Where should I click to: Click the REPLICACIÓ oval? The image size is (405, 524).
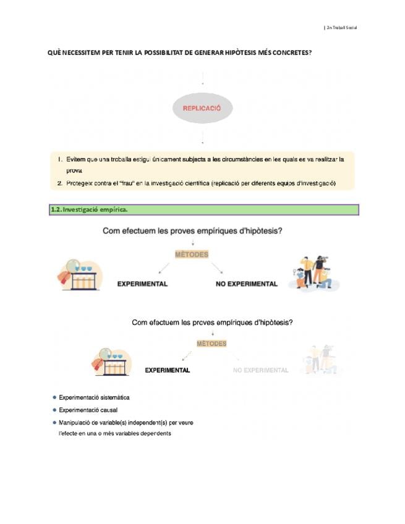tap(202, 108)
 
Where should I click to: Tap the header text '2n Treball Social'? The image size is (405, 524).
tap(342, 28)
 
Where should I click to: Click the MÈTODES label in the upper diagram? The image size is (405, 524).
tap(192, 255)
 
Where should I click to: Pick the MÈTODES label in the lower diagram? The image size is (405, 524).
tap(211, 344)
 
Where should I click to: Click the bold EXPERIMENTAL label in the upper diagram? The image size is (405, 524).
tap(142, 284)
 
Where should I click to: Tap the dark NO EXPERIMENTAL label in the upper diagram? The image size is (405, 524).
tap(246, 284)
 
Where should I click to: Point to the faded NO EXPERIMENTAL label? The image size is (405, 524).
tap(260, 370)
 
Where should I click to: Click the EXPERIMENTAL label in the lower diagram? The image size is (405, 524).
tap(167, 370)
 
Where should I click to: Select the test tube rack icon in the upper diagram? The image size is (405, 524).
tap(80, 276)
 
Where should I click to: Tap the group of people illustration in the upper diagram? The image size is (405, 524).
tap(312, 273)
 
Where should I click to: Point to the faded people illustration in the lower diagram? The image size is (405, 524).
tap(321, 360)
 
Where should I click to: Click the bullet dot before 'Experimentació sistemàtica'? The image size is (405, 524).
tap(54, 397)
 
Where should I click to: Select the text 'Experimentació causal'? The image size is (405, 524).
tap(88, 410)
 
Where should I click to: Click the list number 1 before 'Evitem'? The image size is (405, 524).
tap(60, 159)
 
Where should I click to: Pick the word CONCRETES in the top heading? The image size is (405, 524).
tap(287, 53)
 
